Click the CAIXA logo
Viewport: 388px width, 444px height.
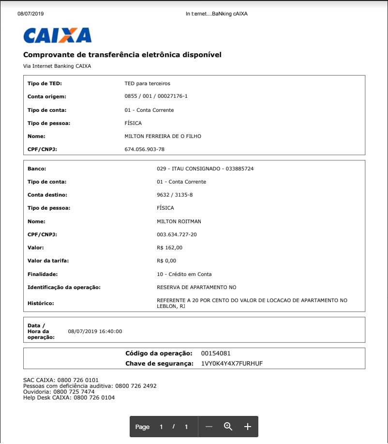pyautogui.click(x=57, y=35)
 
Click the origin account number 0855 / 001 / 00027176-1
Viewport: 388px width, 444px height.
pyautogui.click(x=156, y=96)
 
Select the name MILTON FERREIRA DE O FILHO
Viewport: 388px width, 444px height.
pyautogui.click(x=163, y=136)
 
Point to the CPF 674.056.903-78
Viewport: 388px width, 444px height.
pyautogui.click(x=145, y=149)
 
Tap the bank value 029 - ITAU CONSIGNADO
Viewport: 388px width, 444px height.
pyautogui.click(x=205, y=168)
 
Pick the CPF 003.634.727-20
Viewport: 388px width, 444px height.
pyautogui.click(x=177, y=234)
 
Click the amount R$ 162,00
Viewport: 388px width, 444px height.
pyautogui.click(x=170, y=247)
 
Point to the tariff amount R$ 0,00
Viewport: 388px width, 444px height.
pyautogui.click(x=167, y=260)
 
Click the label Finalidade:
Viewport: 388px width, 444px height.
pyautogui.click(x=43, y=274)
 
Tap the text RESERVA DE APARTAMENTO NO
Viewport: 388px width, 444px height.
pyautogui.click(x=197, y=287)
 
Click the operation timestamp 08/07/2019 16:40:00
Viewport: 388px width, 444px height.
pyautogui.click(x=95, y=332)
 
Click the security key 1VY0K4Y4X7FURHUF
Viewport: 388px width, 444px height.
pyautogui.click(x=232, y=363)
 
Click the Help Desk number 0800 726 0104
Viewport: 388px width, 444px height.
pyautogui.click(x=93, y=398)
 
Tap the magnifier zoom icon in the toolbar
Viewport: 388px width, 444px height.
pyautogui.click(x=228, y=427)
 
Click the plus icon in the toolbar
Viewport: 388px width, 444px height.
pyautogui.click(x=248, y=427)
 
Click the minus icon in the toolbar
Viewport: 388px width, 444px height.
pyautogui.click(x=209, y=427)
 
